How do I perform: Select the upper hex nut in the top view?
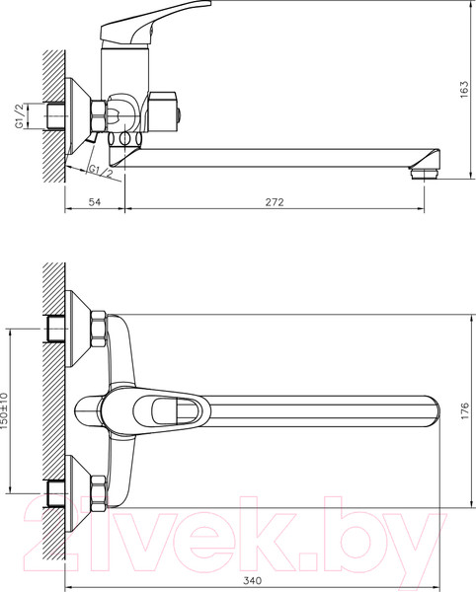(x=99, y=328)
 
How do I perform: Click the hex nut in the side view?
(x=99, y=115)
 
